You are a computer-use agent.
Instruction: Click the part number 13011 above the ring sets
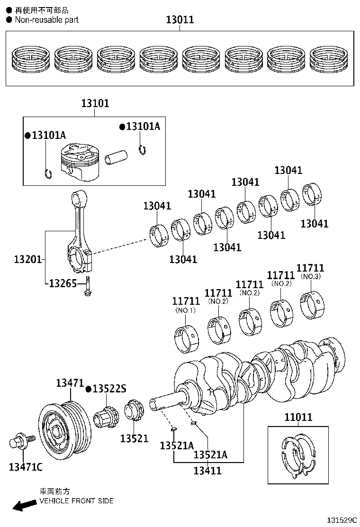click(x=180, y=20)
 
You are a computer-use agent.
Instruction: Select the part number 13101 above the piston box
click(x=95, y=103)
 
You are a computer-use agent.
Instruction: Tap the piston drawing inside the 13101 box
click(x=79, y=162)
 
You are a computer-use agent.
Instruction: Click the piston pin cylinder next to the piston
click(x=117, y=158)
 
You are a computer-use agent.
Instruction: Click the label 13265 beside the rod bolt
click(x=63, y=283)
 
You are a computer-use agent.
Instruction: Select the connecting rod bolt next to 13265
click(x=88, y=288)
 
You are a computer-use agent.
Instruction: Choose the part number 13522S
click(x=109, y=389)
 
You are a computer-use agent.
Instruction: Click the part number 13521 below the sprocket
click(x=134, y=439)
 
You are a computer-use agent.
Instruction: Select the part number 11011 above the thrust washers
click(x=298, y=417)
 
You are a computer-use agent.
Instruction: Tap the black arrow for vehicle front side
click(x=24, y=505)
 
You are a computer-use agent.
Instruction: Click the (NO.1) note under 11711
click(x=185, y=310)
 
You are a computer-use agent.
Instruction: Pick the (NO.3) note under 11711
click(x=311, y=276)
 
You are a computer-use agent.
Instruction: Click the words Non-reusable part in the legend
click(x=46, y=20)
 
